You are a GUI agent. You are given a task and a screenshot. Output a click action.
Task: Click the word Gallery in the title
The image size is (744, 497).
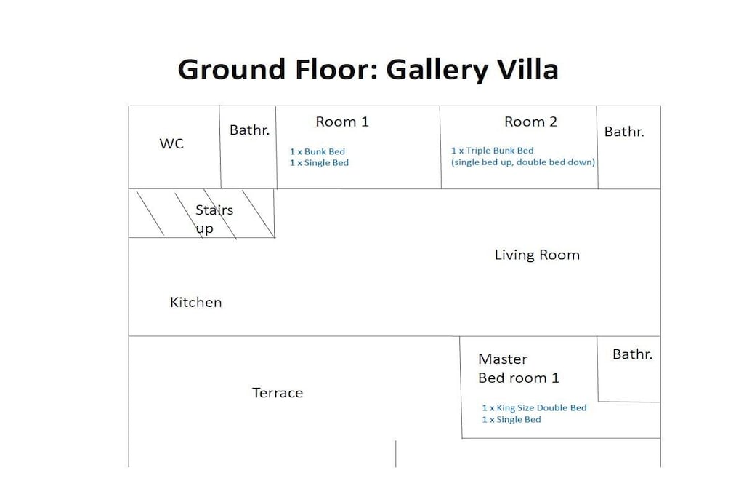pos(437,70)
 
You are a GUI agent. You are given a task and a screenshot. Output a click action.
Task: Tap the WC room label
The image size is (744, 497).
pos(171,143)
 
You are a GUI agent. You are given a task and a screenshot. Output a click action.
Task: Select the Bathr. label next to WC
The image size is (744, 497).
pos(250,130)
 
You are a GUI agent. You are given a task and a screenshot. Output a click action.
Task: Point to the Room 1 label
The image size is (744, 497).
pos(342,122)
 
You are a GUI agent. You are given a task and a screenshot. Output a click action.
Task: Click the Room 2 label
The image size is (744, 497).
pos(530,122)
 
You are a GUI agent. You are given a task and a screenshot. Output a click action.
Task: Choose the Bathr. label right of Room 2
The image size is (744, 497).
pos(624,132)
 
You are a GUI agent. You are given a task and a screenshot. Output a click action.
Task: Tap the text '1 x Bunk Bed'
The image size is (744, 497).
pos(318,151)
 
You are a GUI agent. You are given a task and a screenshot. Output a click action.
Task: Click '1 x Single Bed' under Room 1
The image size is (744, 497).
pos(320,162)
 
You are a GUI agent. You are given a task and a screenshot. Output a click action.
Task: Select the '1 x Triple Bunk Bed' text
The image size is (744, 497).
pos(493,151)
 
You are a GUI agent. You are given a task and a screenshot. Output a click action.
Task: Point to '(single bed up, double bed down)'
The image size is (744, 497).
pos(523,162)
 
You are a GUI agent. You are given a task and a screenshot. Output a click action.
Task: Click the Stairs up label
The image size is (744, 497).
pos(214,220)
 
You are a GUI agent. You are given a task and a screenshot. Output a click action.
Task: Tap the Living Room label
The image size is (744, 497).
pos(537,255)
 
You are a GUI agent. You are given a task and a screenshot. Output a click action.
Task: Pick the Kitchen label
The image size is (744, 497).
pos(196,302)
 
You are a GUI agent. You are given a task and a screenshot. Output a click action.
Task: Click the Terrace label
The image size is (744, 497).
pos(278,393)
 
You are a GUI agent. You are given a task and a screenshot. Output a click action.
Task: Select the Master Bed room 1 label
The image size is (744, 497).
pos(519,369)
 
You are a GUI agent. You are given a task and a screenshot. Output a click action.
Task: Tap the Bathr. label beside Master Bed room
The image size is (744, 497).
pos(633,354)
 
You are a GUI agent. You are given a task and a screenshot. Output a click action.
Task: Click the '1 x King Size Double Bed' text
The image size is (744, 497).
pos(534,407)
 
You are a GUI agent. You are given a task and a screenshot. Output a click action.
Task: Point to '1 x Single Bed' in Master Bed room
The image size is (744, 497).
pos(511,420)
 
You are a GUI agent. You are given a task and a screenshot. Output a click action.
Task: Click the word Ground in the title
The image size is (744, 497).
pos(232,69)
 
